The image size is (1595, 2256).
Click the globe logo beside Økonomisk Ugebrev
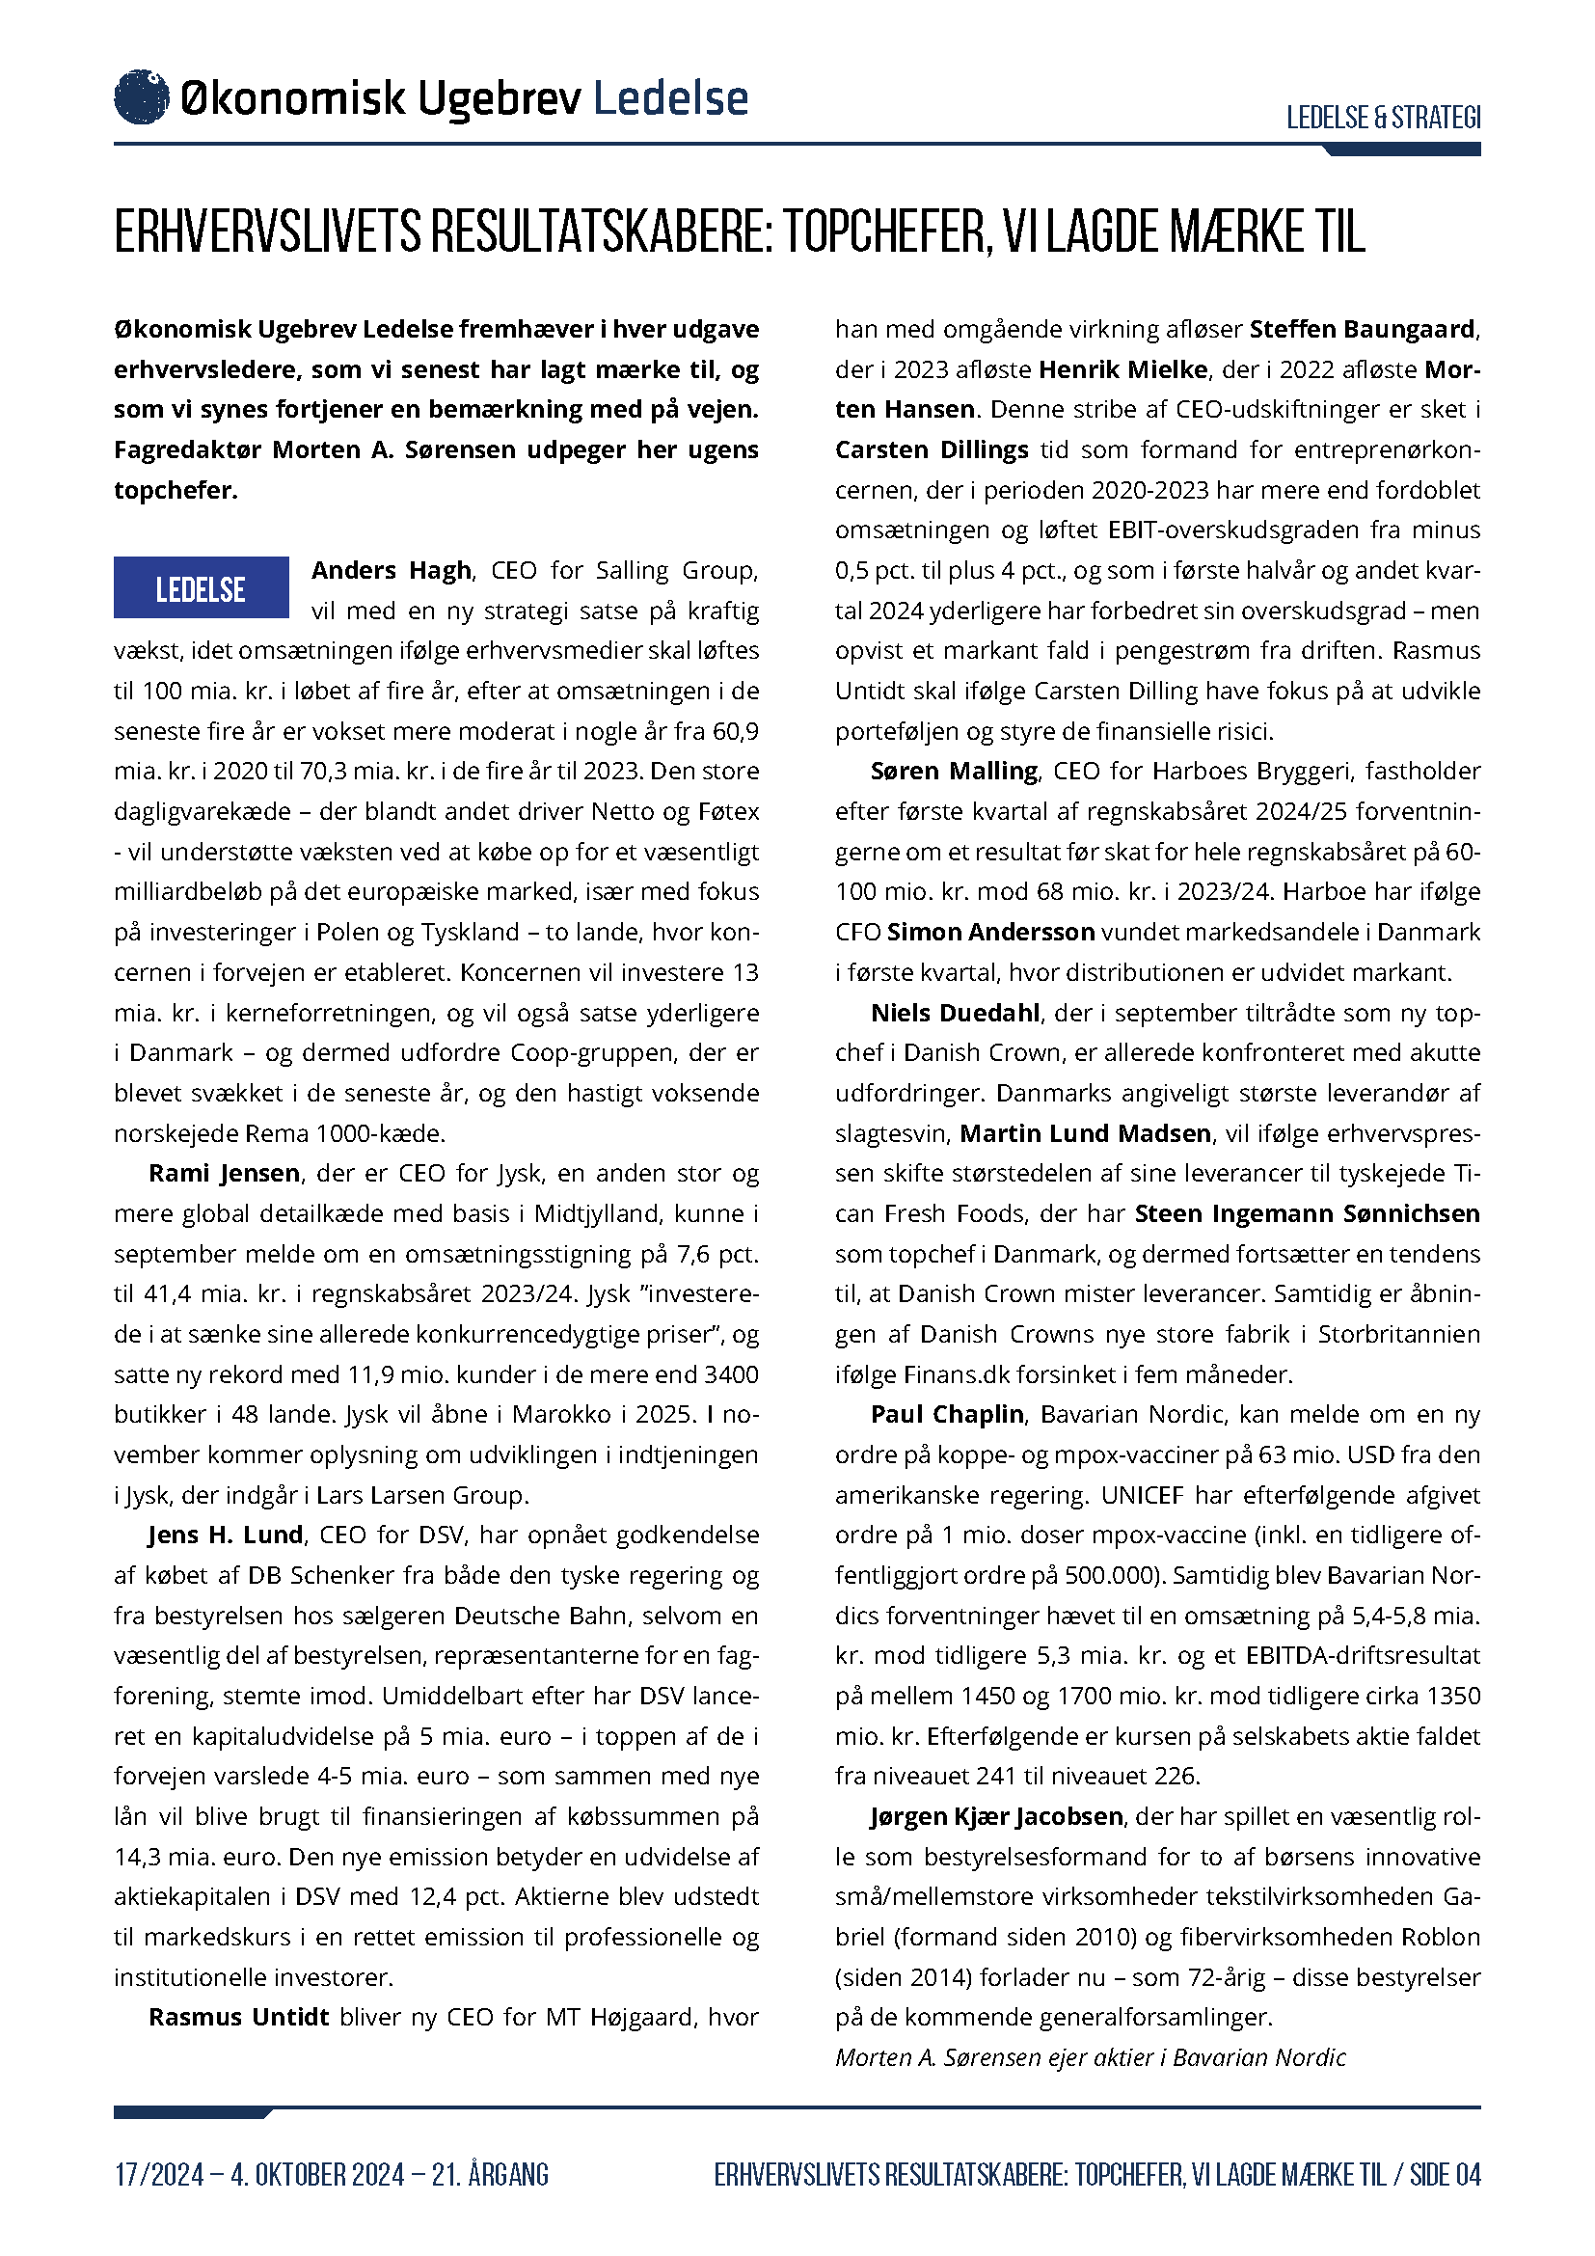click(x=142, y=97)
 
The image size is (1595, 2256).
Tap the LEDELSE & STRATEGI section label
click(x=1382, y=118)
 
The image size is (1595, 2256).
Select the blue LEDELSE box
click(x=202, y=587)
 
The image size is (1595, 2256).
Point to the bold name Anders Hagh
click(x=392, y=570)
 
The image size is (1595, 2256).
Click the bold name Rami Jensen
click(x=224, y=1173)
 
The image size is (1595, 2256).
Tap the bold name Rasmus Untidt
click(x=238, y=2017)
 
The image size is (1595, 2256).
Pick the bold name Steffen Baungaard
click(x=1363, y=329)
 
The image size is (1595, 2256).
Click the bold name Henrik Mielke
click(x=1122, y=369)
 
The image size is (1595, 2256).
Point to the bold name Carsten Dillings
click(x=932, y=450)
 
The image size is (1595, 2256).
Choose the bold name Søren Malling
click(x=954, y=772)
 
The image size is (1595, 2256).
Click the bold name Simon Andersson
click(x=990, y=932)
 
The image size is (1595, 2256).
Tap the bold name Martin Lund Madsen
click(x=1084, y=1133)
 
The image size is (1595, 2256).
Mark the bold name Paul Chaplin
click(x=947, y=1414)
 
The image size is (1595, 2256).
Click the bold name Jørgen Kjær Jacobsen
click(x=996, y=1816)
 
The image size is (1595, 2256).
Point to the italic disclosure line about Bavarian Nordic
click(x=1091, y=2057)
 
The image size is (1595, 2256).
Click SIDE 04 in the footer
click(x=1445, y=2174)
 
